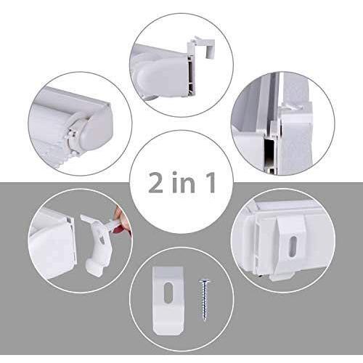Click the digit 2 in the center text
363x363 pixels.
[x=155, y=182]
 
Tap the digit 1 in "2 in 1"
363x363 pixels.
[x=210, y=182]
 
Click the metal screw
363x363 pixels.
[x=205, y=300]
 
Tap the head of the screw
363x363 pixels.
[x=205, y=282]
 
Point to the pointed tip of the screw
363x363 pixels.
[x=205, y=321]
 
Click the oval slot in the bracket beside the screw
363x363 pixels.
[x=168, y=293]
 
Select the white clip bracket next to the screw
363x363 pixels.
[x=168, y=301]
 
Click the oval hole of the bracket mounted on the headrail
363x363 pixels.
[x=293, y=246]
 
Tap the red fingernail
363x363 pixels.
[x=119, y=229]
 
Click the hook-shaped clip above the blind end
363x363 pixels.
[x=201, y=47]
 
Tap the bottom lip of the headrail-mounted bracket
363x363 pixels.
[x=282, y=277]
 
